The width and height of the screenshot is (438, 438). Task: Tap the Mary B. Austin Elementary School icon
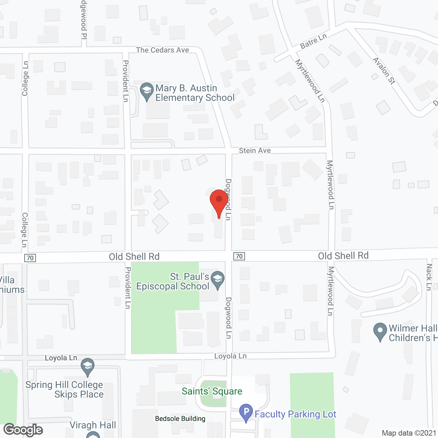(147, 92)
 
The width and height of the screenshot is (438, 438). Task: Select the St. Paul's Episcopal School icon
(217, 280)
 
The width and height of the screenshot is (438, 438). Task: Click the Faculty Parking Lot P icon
(246, 413)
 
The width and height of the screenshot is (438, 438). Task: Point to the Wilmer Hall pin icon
(380, 332)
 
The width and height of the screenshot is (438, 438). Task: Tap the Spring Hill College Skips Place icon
(88, 367)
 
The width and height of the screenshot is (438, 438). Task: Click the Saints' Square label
(212, 391)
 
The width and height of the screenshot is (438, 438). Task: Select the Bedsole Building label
(180, 418)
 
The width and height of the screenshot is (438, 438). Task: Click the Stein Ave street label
(255, 151)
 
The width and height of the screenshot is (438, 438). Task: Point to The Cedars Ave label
(163, 50)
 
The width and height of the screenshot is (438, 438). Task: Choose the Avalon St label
(384, 71)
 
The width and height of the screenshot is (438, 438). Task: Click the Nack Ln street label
(429, 277)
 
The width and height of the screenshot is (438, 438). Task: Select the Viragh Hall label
(93, 425)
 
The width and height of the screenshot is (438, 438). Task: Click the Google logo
(23, 430)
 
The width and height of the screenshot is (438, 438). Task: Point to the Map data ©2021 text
(409, 433)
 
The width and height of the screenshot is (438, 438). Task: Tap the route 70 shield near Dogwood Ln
(239, 256)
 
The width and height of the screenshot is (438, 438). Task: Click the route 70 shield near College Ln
(30, 258)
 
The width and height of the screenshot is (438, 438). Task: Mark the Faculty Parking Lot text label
(295, 414)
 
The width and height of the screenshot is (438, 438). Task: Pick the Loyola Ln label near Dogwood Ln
(230, 356)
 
